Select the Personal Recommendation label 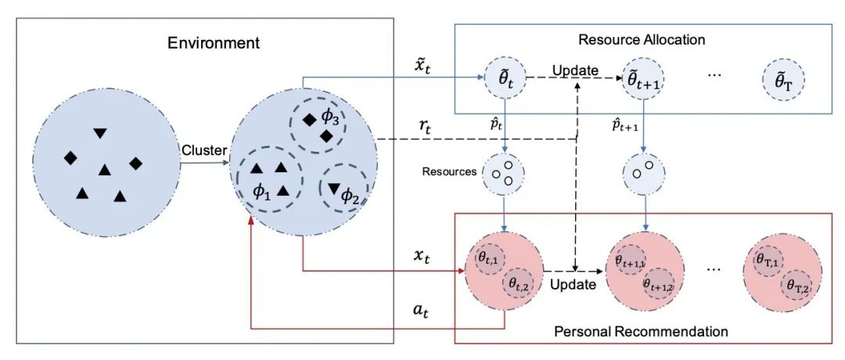tap(641, 331)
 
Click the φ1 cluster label tap(261, 191)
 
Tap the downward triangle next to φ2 tap(334, 188)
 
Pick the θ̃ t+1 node tap(642, 79)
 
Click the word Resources tap(449, 171)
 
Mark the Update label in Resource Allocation tap(575, 70)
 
